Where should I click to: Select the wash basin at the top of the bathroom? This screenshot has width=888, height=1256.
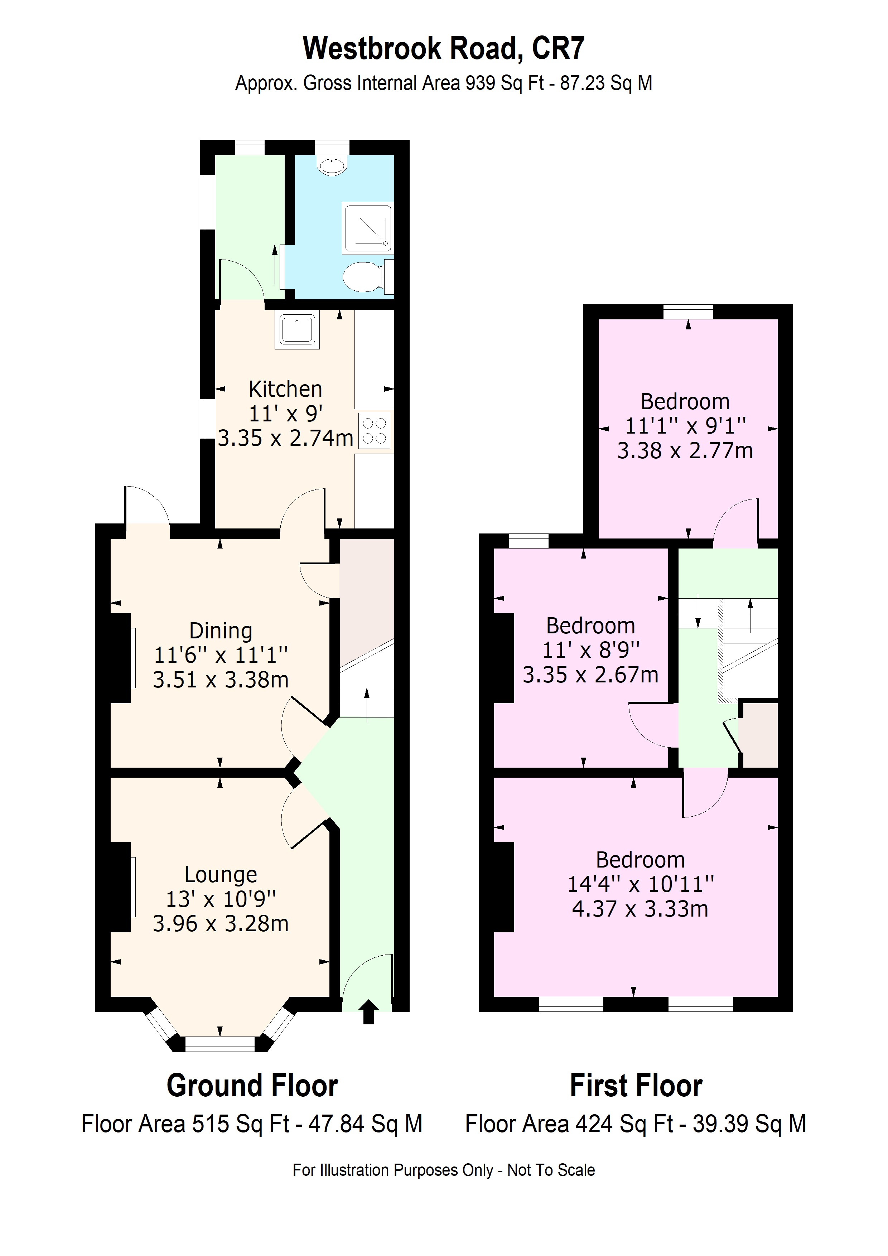(332, 165)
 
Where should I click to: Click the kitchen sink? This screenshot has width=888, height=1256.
(297, 330)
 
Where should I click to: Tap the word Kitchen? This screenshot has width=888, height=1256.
(285, 390)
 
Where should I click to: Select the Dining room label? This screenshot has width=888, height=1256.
(221, 631)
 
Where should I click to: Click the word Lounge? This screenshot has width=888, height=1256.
(221, 875)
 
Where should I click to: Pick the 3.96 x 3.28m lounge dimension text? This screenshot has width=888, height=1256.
(221, 924)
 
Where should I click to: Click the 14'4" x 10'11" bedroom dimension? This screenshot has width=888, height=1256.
(640, 884)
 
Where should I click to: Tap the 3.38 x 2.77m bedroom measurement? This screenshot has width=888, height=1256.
(685, 451)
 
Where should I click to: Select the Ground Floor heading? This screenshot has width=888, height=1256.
(252, 1086)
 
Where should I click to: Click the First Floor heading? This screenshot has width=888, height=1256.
(636, 1086)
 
